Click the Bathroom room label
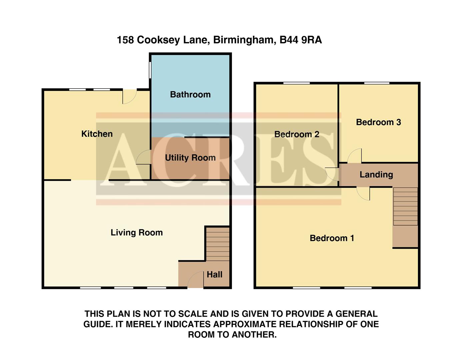(190, 95)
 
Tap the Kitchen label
(97, 134)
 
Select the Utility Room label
(190, 158)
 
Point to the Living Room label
(137, 233)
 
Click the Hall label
(214, 275)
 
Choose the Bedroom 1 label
(332, 238)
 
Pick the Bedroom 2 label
(297, 134)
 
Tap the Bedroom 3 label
(378, 122)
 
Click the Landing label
(376, 175)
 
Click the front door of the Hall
(195, 280)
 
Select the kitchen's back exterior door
(129, 96)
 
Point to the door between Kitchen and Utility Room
(144, 157)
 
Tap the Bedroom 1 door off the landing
(363, 193)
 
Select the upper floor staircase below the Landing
(405, 207)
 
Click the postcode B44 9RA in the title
(301, 40)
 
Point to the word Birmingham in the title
(243, 40)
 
